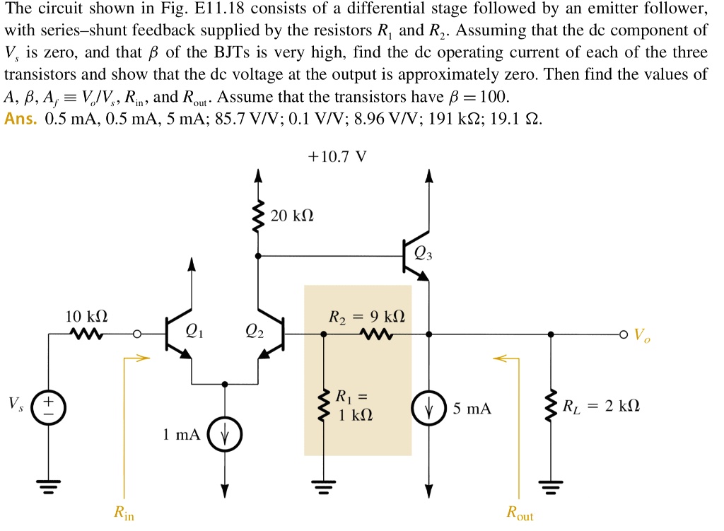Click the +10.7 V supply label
tap(338, 156)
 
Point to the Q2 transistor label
tap(254, 332)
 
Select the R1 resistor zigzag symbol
tap(323, 407)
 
